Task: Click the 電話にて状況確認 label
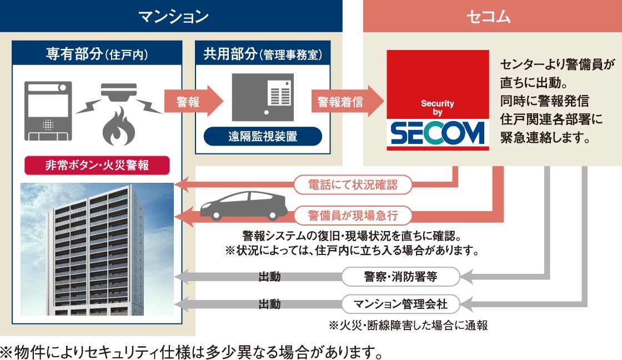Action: pyautogui.click(x=353, y=184)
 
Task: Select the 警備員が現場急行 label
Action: pyautogui.click(x=353, y=214)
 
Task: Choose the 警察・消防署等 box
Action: pyautogui.click(x=400, y=276)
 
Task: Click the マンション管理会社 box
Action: pyautogui.click(x=400, y=304)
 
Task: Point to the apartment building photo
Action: pyautogui.click(x=97, y=249)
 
